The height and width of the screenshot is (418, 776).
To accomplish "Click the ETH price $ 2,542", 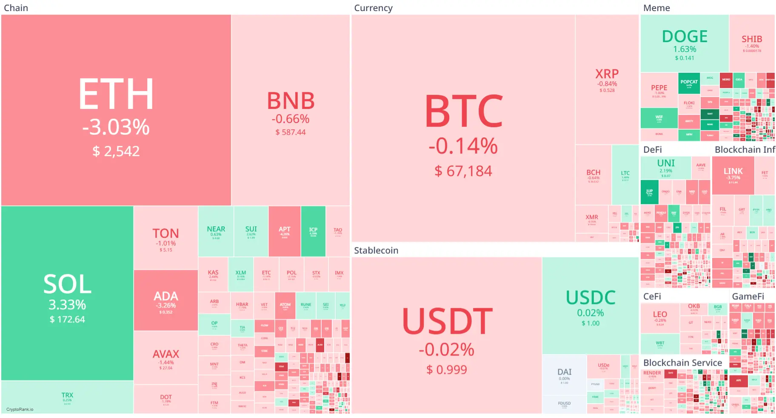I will [x=116, y=151].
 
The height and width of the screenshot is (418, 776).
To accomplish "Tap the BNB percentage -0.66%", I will [x=291, y=119].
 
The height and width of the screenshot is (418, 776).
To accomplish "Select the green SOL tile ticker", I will [x=67, y=284].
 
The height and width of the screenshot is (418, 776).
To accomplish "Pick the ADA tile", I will [x=165, y=300].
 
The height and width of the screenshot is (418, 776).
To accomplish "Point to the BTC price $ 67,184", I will [x=463, y=171].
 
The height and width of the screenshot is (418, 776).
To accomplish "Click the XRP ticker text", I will [x=607, y=74].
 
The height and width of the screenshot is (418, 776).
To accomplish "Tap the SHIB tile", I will [x=752, y=43].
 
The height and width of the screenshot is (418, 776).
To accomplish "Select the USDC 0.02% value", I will [x=590, y=313].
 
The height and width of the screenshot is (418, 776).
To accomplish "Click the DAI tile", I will [x=564, y=375].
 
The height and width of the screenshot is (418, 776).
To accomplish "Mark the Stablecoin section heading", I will [x=376, y=250].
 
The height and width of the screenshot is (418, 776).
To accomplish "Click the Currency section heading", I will [x=373, y=8].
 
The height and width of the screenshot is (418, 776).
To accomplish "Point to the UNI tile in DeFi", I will [x=665, y=167].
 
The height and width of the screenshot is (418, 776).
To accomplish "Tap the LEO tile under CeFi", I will [x=659, y=317].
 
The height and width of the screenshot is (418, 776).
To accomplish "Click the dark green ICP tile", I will [x=313, y=231].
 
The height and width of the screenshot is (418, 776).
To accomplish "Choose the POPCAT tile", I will [x=689, y=83].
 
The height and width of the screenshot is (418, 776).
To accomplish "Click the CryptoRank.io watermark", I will [x=20, y=409].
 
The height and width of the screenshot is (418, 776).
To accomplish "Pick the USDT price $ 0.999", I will [x=446, y=369].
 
